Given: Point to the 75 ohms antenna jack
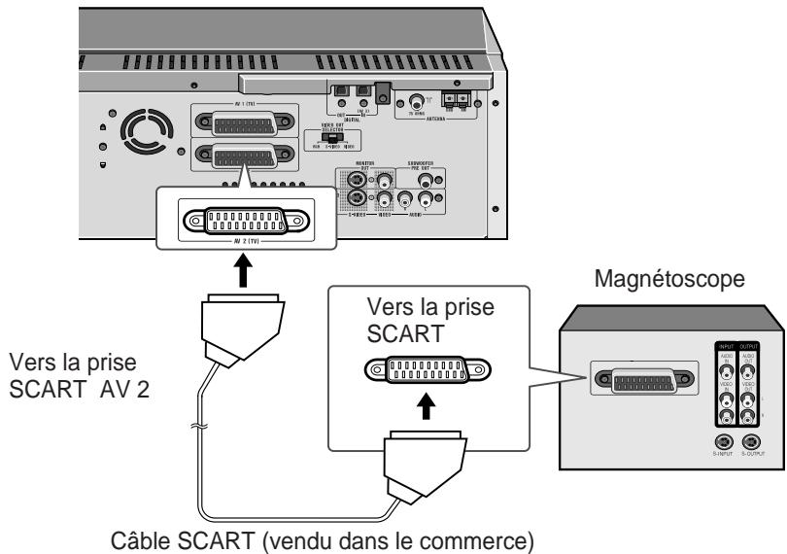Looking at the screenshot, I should [x=418, y=100].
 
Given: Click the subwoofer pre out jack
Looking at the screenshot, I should [x=425, y=180].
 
